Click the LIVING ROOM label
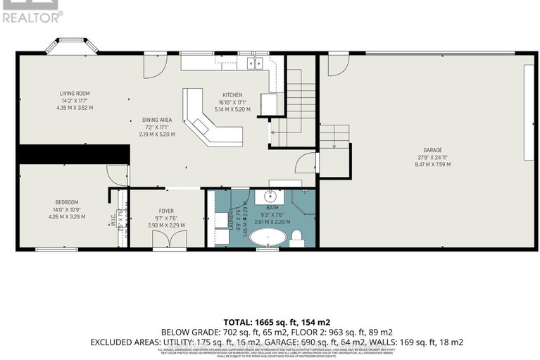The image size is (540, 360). pyautogui.click(x=74, y=93)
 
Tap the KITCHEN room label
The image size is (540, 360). pyautogui.click(x=232, y=95)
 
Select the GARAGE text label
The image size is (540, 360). pyautogui.click(x=432, y=150)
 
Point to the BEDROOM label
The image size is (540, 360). pyautogui.click(x=67, y=202)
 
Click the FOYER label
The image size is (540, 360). pyautogui.click(x=166, y=210)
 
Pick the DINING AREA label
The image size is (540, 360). pyautogui.click(x=156, y=120)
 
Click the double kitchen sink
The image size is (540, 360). pyautogui.click(x=254, y=63)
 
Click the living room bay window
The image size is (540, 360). pyautogui.click(x=73, y=46)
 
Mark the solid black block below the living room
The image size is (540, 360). pyautogui.click(x=74, y=154)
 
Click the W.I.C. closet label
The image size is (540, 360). pyautogui.click(x=113, y=221)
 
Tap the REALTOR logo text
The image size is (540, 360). pyautogui.click(x=32, y=16)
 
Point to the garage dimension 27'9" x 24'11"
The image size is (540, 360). pyautogui.click(x=432, y=157)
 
